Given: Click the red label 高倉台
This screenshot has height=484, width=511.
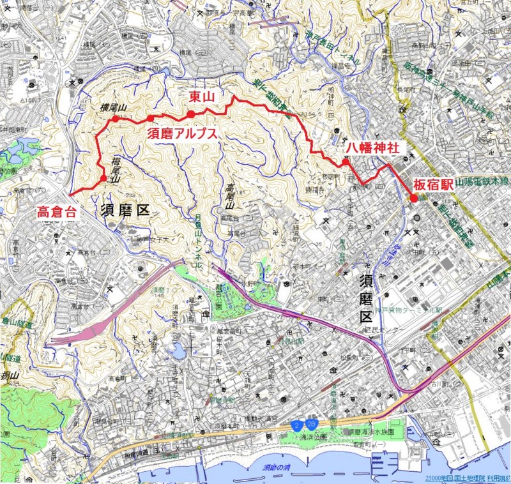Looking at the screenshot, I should (57, 211).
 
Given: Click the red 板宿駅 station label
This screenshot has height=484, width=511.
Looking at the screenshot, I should (433, 183).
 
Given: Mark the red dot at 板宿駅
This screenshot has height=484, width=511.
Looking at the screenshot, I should (414, 199).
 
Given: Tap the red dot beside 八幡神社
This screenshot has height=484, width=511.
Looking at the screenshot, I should (345, 162).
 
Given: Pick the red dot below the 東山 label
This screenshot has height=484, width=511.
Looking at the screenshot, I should (190, 115).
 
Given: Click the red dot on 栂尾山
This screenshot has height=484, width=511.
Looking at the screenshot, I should (103, 179).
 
